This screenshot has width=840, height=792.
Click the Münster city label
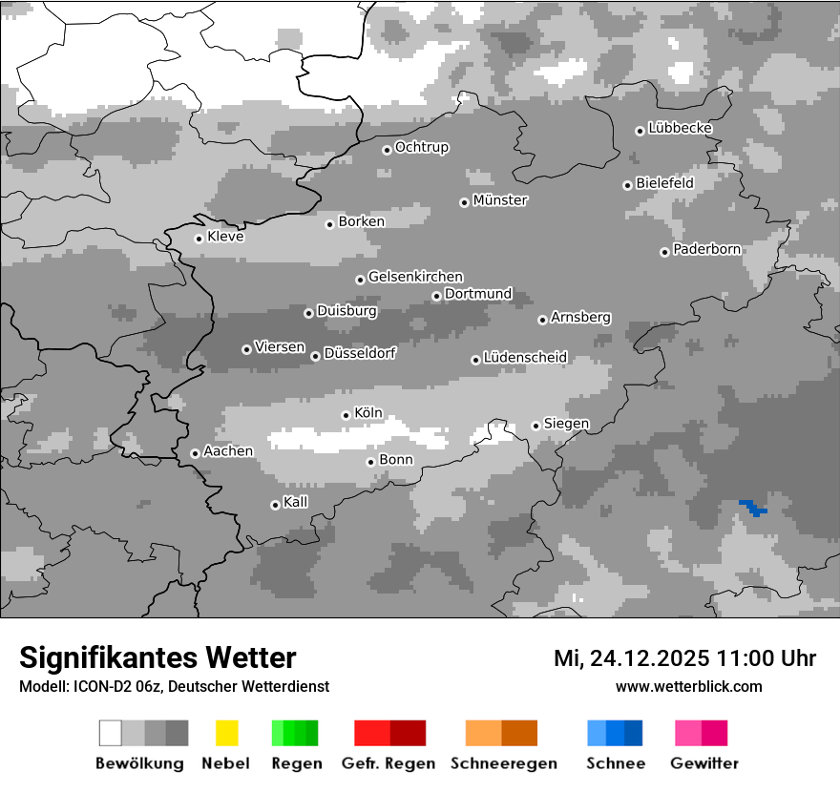click(500, 200)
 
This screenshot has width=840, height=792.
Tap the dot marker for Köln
click(346, 415)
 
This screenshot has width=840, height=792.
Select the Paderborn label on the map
click(706, 250)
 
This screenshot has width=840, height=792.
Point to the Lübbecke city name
click(680, 128)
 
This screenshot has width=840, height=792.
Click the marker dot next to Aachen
click(195, 453)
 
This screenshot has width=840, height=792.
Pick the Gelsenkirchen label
click(415, 278)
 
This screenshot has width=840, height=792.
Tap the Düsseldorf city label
click(359, 354)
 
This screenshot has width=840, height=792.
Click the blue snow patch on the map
click(753, 507)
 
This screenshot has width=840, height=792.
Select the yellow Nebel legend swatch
click(227, 733)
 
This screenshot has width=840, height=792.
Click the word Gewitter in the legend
click(704, 763)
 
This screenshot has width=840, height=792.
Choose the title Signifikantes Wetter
click(157, 657)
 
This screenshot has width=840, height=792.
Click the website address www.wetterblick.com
click(688, 686)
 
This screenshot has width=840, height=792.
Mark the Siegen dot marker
click(535, 426)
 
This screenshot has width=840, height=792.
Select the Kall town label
click(296, 502)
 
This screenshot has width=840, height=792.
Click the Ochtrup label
click(421, 148)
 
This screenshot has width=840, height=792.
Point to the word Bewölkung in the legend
click(139, 763)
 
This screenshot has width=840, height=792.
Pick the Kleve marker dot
click(199, 239)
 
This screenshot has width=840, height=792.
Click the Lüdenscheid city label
click(525, 358)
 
